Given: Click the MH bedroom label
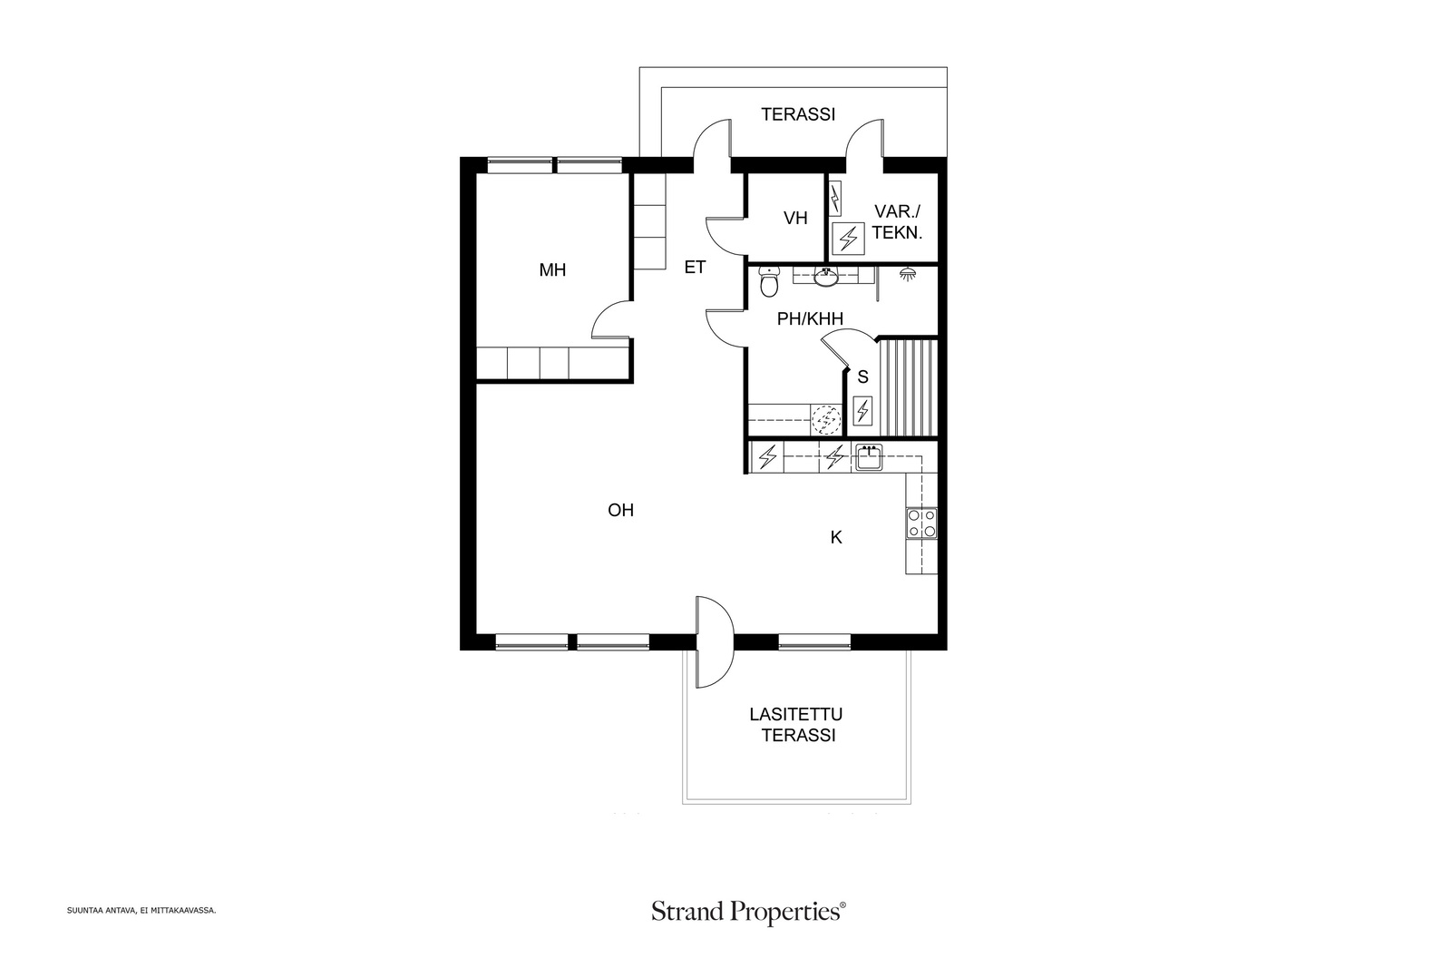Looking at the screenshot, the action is pos(552,270).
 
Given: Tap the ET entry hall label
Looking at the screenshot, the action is pos(695,267).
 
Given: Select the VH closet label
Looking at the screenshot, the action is pos(795,219).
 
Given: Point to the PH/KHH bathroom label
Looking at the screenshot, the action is pos(811,318).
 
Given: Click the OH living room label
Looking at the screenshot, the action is pos(620,511).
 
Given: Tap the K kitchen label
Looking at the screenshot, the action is pos(836,537).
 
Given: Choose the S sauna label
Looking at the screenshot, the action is pos(862,377).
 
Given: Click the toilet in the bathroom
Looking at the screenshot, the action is pos(769,281).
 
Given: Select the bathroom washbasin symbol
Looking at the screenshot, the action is pos(825,278).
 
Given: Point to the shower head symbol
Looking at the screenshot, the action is pos(908,275).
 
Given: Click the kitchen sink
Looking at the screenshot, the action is pos(868,457).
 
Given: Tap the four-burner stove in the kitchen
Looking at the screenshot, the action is pos(921,523).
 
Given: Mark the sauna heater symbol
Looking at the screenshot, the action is pos(862,412).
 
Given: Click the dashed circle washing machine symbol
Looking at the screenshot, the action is pos(826,420).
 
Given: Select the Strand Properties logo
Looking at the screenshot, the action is pos(749,912).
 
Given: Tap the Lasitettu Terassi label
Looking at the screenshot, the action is pos(797,725).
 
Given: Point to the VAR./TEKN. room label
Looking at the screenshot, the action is pos(897,222).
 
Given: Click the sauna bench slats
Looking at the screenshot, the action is pos(908,387).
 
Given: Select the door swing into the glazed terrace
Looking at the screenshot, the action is pos(716,641).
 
